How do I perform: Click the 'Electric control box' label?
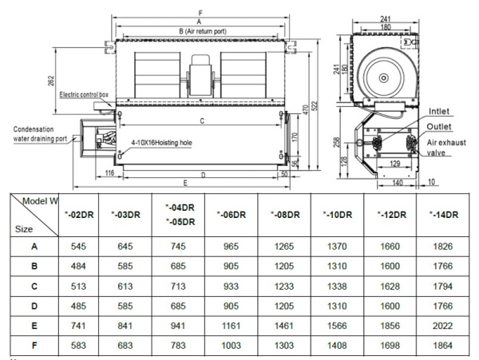point(84,94)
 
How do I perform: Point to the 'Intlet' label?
point(441,111)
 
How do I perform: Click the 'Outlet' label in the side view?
point(441,126)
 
